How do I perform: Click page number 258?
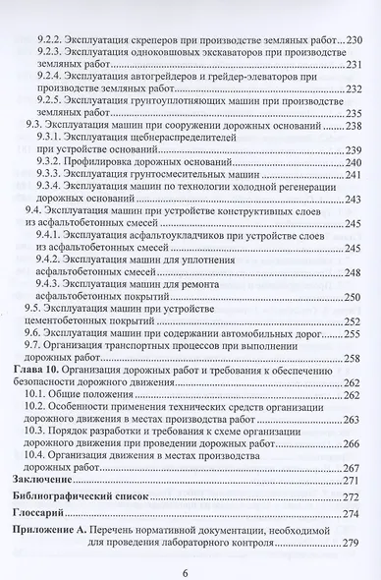pos(355,358)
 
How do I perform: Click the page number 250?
pos(355,295)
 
